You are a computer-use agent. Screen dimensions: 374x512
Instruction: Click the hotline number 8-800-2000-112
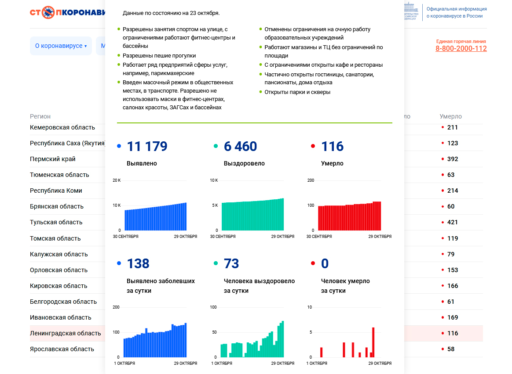(x=461, y=49)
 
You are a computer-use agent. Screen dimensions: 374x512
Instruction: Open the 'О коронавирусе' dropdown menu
(x=61, y=46)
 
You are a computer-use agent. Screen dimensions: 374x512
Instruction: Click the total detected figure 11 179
(x=147, y=147)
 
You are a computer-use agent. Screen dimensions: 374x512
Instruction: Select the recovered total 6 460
(x=241, y=147)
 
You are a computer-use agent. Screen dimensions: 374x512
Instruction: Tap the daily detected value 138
(x=138, y=264)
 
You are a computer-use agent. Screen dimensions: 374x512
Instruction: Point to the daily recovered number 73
(x=231, y=264)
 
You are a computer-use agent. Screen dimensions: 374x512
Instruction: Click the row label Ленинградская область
(x=65, y=333)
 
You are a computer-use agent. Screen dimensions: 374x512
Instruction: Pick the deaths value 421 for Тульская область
(x=452, y=222)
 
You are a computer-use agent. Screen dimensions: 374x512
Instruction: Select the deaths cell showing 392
(x=452, y=159)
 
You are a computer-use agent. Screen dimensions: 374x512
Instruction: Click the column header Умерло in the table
(x=450, y=116)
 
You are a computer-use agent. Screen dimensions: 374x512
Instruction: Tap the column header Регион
(x=40, y=116)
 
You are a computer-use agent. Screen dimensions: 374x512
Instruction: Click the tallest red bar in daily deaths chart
(x=373, y=342)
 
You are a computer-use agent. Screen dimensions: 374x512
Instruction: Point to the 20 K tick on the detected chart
(x=117, y=180)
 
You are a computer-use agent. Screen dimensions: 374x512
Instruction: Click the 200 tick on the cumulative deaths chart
(x=311, y=180)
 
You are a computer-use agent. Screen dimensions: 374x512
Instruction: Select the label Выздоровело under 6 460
(x=244, y=163)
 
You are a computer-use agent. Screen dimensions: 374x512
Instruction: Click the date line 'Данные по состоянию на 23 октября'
(x=171, y=13)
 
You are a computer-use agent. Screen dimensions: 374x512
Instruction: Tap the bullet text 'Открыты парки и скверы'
(x=297, y=92)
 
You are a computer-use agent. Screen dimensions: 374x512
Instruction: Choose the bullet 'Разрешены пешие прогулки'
(x=159, y=56)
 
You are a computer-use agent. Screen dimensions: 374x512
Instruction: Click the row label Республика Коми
(x=56, y=191)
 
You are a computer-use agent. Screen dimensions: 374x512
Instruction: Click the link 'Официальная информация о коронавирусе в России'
(x=456, y=12)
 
